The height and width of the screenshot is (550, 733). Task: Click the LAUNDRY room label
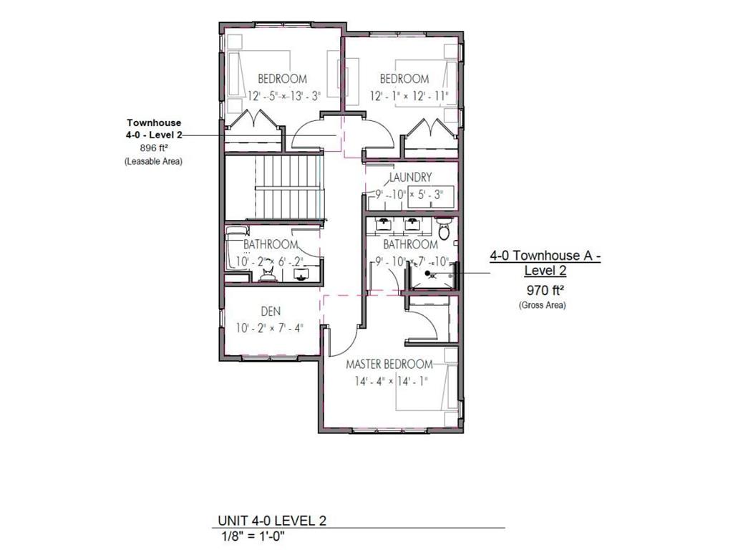pos(410,177)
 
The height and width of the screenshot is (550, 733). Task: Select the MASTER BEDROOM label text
pos(389,364)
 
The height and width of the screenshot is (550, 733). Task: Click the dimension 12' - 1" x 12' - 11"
pos(409,95)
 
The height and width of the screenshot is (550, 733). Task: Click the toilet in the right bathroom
pos(444,231)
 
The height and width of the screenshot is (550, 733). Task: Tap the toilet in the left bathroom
pos(268,275)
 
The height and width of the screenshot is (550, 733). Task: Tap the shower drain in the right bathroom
pos(428,274)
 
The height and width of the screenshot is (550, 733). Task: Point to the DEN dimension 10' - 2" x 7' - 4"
pos(270,328)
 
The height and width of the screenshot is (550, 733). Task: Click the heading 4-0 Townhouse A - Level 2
pos(545,263)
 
